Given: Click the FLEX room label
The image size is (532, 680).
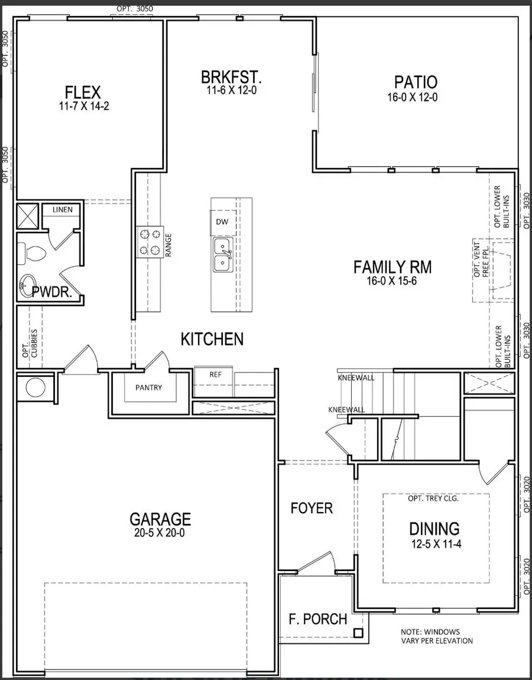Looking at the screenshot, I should pyautogui.click(x=83, y=92).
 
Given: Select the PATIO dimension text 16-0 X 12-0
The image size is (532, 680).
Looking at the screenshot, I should pyautogui.click(x=412, y=98).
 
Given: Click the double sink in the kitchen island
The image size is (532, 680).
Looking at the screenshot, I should pyautogui.click(x=223, y=254).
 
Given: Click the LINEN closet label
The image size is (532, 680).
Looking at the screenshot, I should pyautogui.click(x=62, y=210).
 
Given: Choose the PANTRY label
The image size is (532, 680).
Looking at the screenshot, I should pyautogui.click(x=148, y=388).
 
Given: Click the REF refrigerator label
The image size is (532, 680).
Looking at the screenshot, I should pyautogui.click(x=215, y=375).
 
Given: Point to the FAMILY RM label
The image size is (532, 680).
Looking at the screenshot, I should pyautogui.click(x=392, y=268).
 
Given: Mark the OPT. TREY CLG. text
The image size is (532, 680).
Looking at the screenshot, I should pyautogui.click(x=433, y=498).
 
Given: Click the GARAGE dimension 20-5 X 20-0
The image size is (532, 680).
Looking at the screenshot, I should pyautogui.click(x=160, y=533).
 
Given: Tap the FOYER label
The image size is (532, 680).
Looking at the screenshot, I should pyautogui.click(x=312, y=508).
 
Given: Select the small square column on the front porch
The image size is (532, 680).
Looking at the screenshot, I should pyautogui.click(x=358, y=633).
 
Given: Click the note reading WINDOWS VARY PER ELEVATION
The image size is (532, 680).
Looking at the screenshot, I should pyautogui.click(x=437, y=636).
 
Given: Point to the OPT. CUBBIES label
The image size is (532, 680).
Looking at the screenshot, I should pyautogui.click(x=30, y=343).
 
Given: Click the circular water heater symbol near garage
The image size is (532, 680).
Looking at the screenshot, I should pyautogui.click(x=35, y=388).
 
